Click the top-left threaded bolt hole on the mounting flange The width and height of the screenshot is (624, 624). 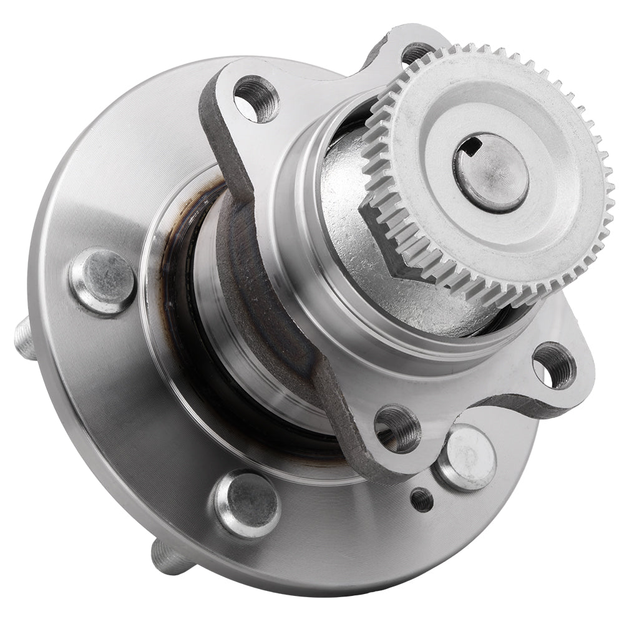tap(256, 99)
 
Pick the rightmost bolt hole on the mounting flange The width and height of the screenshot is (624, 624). tap(553, 365)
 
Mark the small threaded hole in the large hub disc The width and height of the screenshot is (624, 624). tap(421, 499)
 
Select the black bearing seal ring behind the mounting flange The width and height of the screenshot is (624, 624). tap(187, 300)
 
